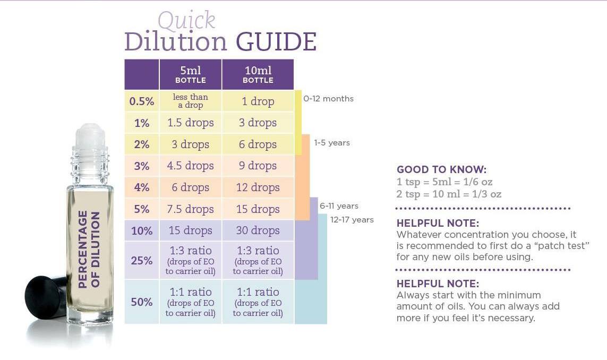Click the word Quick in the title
(x=186, y=21)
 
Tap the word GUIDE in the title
(x=276, y=42)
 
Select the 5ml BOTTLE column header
(x=191, y=75)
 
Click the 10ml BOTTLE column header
(x=258, y=75)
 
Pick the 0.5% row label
(x=142, y=101)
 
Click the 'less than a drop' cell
(x=191, y=101)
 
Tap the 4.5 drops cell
(x=191, y=166)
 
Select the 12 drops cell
(x=258, y=187)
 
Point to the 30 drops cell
(x=258, y=230)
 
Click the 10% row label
(x=142, y=230)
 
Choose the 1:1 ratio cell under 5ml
(x=191, y=302)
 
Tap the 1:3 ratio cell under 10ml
(x=258, y=260)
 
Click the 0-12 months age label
(x=328, y=99)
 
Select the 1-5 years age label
(x=332, y=143)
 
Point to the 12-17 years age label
(x=352, y=220)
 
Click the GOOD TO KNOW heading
(x=441, y=170)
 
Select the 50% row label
(x=142, y=302)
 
